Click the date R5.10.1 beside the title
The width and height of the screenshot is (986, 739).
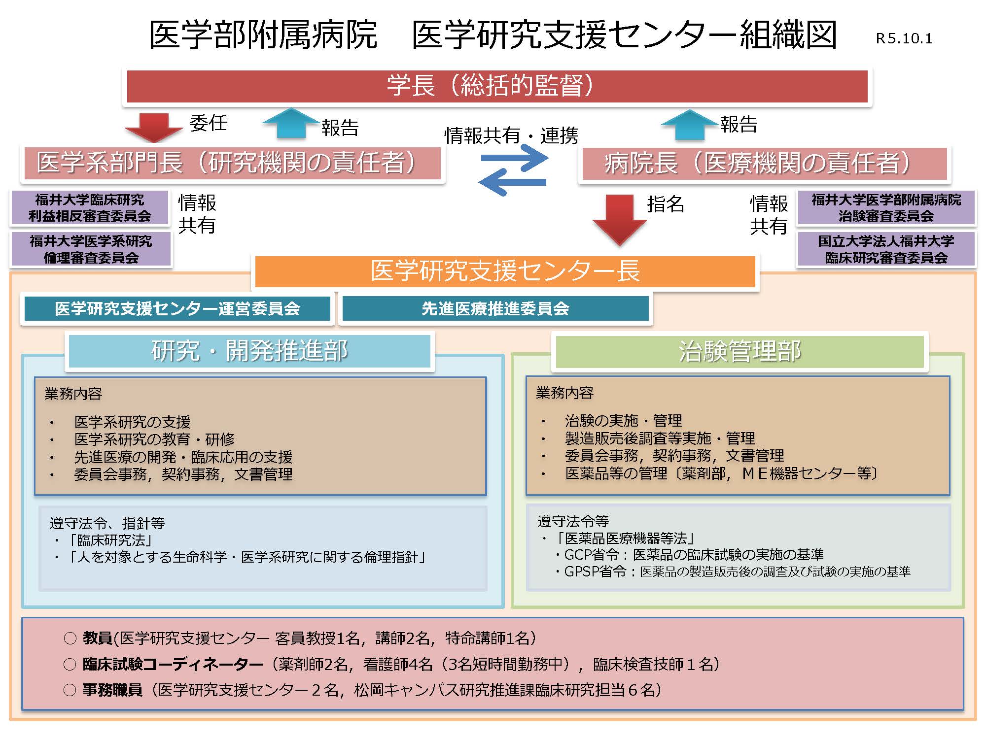tap(904, 38)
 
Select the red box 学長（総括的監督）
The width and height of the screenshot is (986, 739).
tap(497, 86)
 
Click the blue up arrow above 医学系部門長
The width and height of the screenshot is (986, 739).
tap(291, 123)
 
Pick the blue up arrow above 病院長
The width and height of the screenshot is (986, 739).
tap(689, 124)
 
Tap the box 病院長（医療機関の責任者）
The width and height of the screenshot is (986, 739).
tap(764, 164)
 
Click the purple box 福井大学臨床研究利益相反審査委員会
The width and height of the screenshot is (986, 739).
tap(90, 208)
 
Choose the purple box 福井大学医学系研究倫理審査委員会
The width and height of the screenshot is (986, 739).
tap(91, 249)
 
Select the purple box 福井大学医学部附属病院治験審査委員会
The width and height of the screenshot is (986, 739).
tap(886, 208)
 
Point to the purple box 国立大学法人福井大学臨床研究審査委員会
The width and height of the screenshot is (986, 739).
tap(886, 249)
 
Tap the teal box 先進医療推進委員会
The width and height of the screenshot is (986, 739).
tap(495, 309)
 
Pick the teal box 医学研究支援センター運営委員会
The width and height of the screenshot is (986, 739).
tap(177, 309)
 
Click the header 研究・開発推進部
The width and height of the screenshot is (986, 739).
tap(249, 351)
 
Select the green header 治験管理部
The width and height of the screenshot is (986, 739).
tap(739, 351)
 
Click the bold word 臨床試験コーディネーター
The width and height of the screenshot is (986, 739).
tap(173, 665)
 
